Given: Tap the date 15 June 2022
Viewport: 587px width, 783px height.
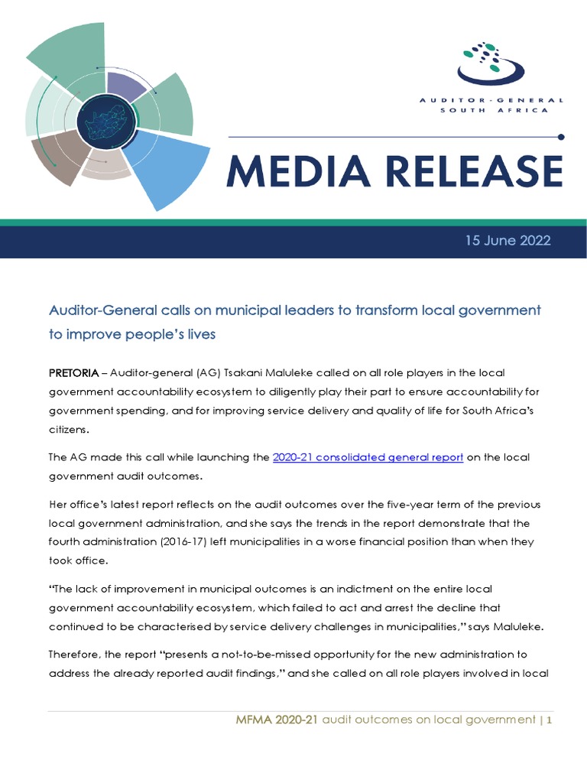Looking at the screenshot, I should click(508, 240).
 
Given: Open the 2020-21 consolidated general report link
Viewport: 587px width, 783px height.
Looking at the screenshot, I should click(368, 457).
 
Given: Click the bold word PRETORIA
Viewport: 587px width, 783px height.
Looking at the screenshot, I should click(73, 372).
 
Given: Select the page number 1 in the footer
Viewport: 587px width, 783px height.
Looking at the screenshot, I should click(549, 720).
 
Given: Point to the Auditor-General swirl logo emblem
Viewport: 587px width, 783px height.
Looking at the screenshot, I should click(491, 64).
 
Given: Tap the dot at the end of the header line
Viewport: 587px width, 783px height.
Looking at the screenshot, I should click(562, 138).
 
